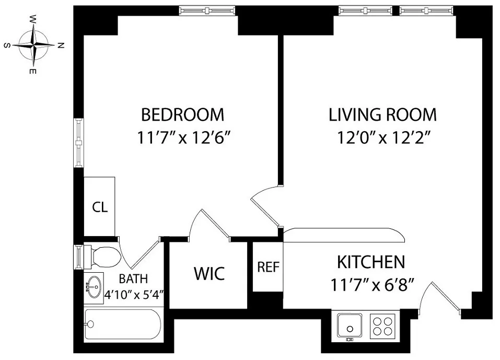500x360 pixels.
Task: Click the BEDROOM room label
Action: [182, 114]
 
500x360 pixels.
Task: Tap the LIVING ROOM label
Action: [382, 114]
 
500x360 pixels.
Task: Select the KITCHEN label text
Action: [370, 262]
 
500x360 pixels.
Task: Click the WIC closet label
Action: [209, 273]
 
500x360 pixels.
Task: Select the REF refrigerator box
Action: [268, 267]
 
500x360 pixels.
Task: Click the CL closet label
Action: [100, 207]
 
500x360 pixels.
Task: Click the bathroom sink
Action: [95, 287]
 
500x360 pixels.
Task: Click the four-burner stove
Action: [382, 325]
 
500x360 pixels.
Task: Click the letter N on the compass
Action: [61, 45]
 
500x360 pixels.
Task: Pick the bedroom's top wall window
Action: [207, 10]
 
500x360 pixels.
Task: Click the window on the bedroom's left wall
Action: [78, 143]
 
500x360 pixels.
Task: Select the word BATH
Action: [133, 278]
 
